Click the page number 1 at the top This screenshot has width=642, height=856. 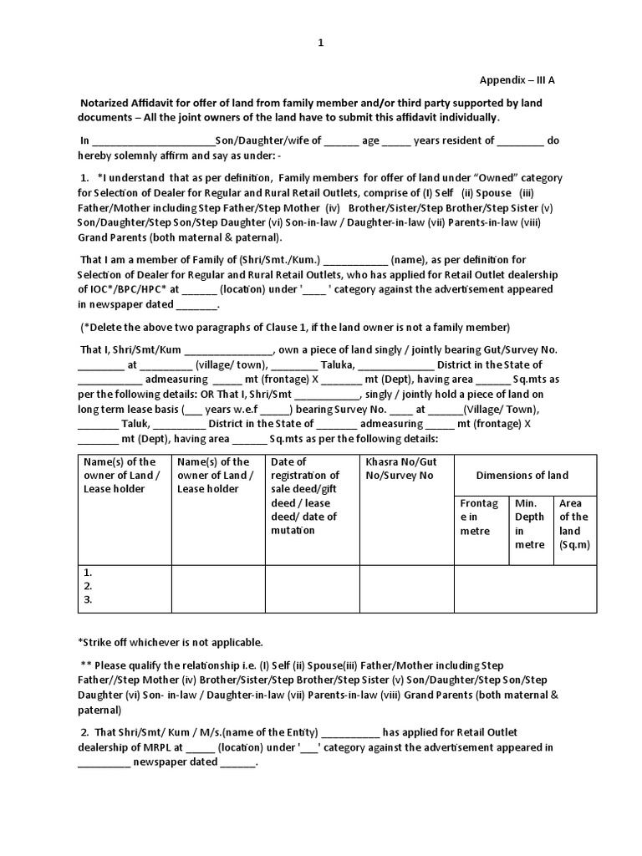click(x=320, y=45)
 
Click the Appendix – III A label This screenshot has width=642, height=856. click(x=516, y=80)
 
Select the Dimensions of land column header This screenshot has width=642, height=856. click(x=522, y=475)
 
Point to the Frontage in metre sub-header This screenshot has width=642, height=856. click(x=477, y=517)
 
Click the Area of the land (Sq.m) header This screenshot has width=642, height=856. click(x=573, y=523)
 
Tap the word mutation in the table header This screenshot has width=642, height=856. click(x=292, y=530)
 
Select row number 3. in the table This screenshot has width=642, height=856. click(x=88, y=599)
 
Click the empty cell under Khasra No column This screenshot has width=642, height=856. click(x=405, y=588)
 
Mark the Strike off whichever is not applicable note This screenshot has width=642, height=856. click(x=170, y=642)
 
